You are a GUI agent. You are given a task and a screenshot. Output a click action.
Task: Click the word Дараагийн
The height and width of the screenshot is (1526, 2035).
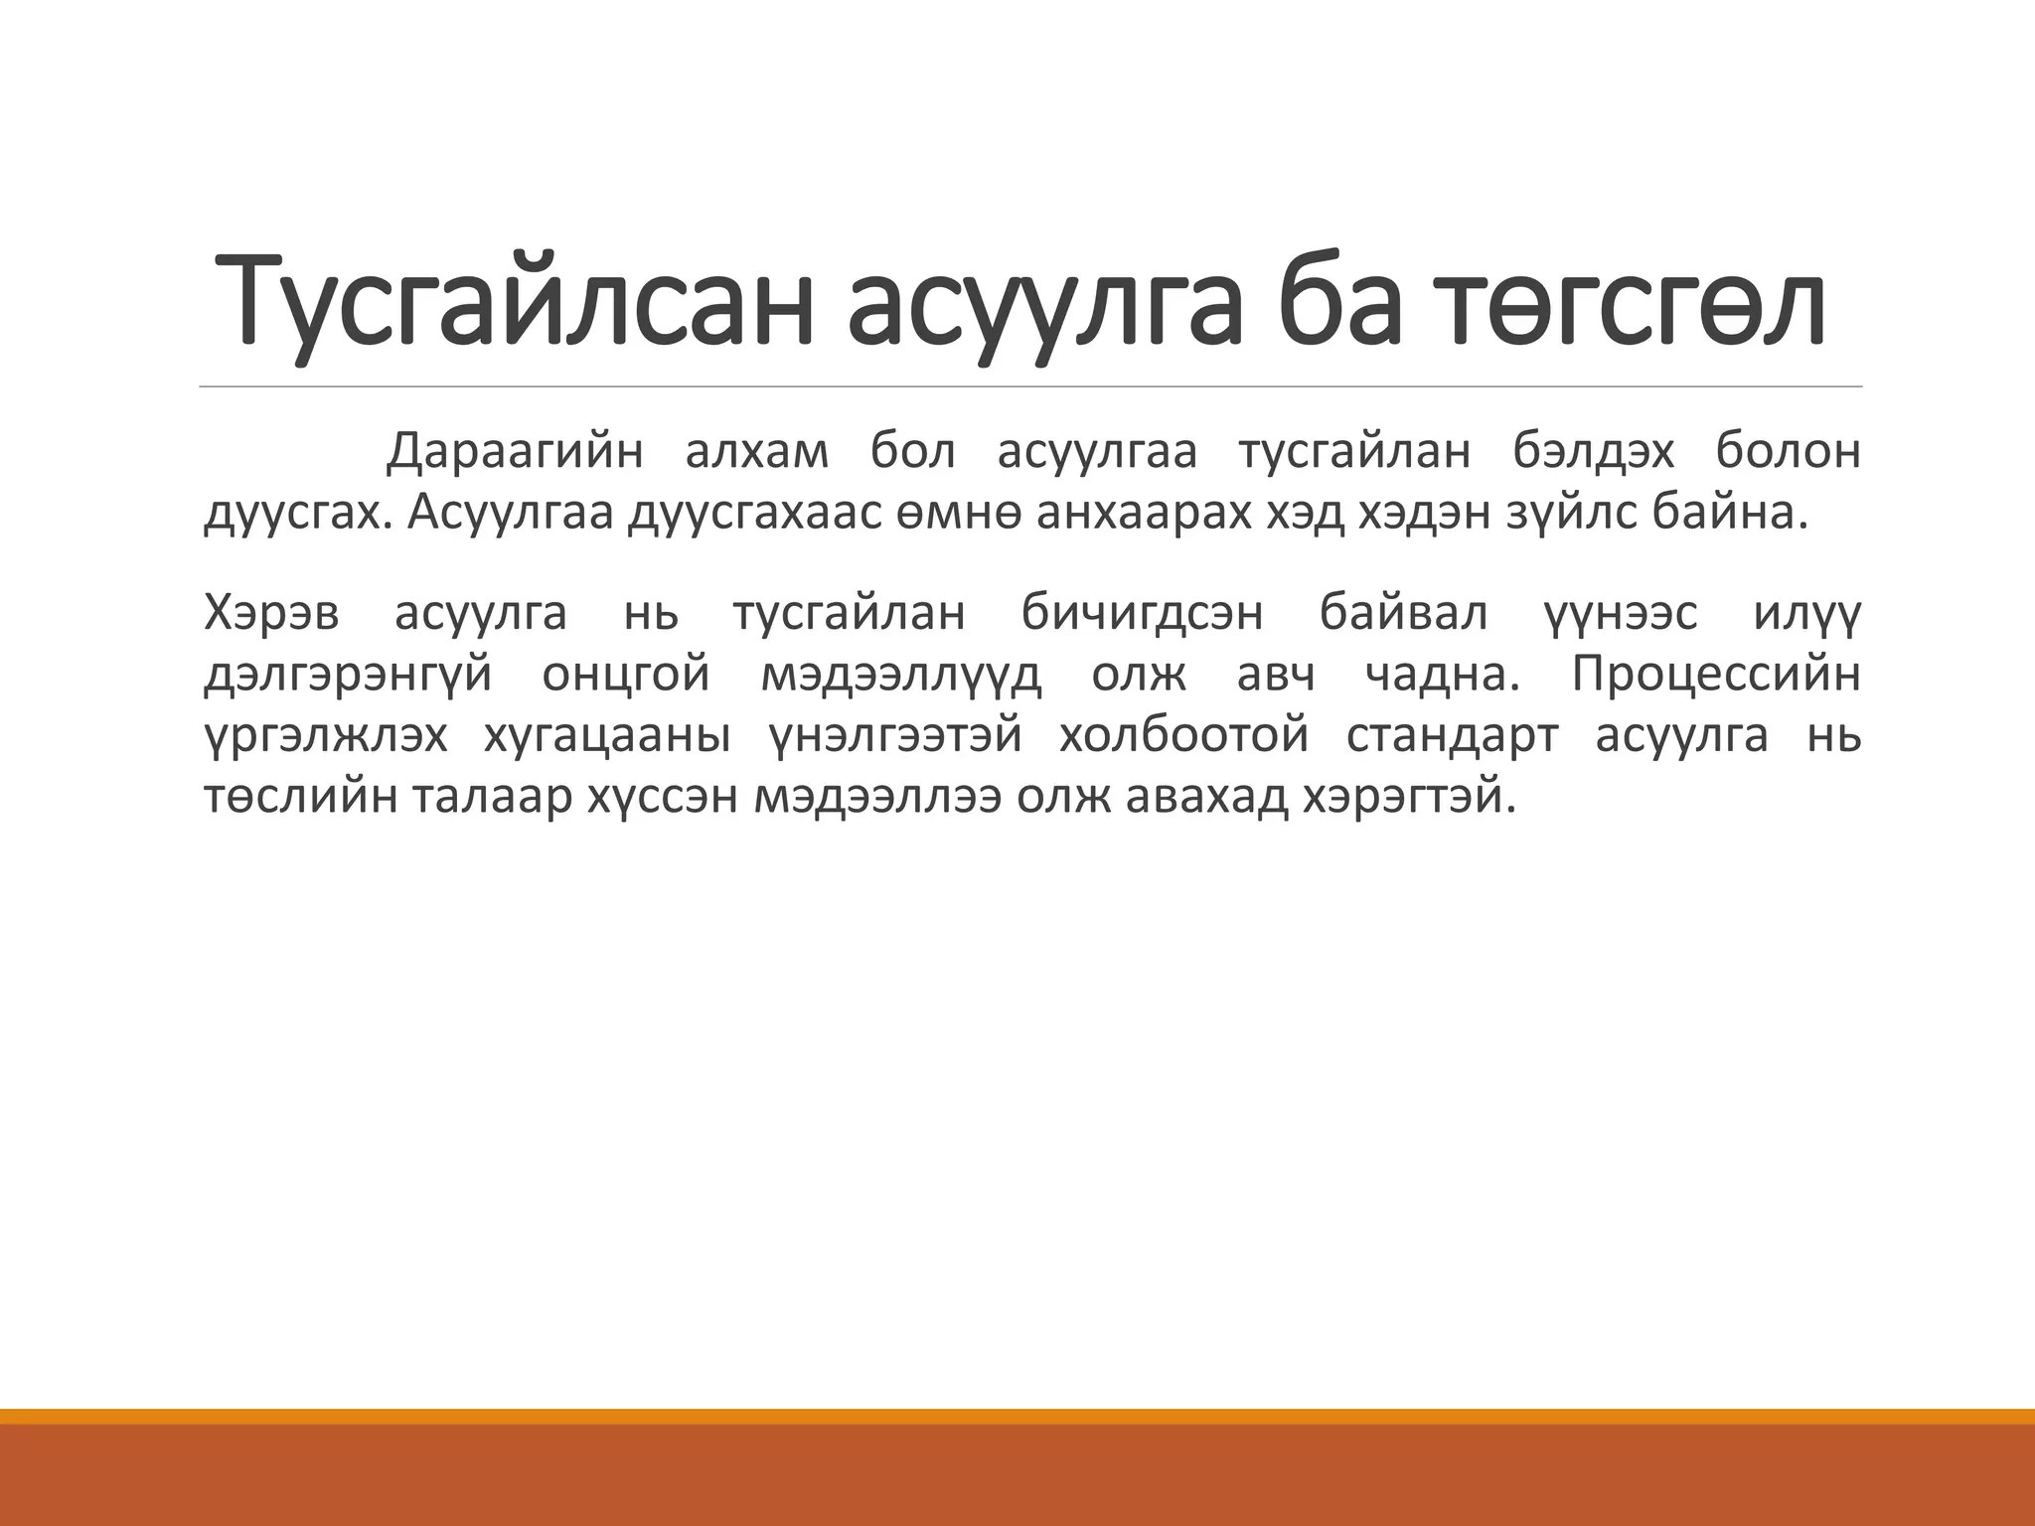(x=515, y=452)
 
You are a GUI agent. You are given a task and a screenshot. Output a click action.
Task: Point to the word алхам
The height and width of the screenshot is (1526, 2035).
(x=757, y=452)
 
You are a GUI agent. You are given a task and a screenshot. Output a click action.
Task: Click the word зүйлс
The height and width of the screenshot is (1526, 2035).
(x=1571, y=515)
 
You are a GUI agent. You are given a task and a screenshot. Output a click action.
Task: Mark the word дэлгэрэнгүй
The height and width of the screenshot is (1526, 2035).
(x=348, y=676)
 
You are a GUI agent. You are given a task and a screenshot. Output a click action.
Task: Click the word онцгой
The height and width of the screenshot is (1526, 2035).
(x=626, y=676)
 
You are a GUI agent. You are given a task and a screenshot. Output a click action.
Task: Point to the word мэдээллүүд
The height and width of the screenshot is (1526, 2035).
(x=901, y=676)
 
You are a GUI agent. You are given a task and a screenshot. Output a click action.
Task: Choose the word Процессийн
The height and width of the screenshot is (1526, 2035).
(x=1716, y=676)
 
